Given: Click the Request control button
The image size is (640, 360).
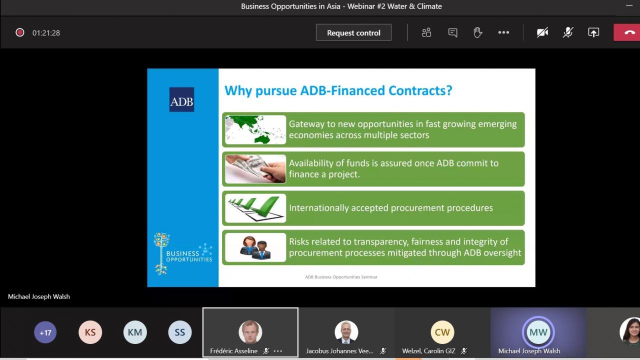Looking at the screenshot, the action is (353, 32).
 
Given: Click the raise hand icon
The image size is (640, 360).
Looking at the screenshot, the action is (477, 32).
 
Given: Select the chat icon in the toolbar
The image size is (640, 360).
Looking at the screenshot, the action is (452, 32).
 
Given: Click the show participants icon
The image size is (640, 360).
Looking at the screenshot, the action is (426, 32).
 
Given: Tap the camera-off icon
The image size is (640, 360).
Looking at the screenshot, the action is (542, 32).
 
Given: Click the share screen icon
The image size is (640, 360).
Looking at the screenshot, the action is (593, 32).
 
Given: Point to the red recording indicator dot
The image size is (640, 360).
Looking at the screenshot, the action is (19, 32).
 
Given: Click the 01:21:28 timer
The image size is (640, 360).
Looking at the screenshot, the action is (46, 33).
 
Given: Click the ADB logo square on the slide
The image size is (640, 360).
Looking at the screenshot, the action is (181, 99).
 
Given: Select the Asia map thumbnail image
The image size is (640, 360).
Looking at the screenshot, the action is (255, 129).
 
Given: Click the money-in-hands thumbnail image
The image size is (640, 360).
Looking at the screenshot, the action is (255, 169).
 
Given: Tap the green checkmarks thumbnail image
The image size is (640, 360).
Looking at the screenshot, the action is (255, 208).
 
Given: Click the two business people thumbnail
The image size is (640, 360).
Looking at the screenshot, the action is (255, 247).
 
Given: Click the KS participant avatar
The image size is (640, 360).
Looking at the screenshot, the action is (90, 332).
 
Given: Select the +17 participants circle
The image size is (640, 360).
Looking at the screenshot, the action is (45, 332).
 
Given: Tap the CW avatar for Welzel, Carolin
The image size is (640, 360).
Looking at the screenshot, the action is (442, 332).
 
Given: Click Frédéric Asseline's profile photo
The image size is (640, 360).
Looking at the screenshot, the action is (250, 332).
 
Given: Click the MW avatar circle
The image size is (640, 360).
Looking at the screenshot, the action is (538, 332).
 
